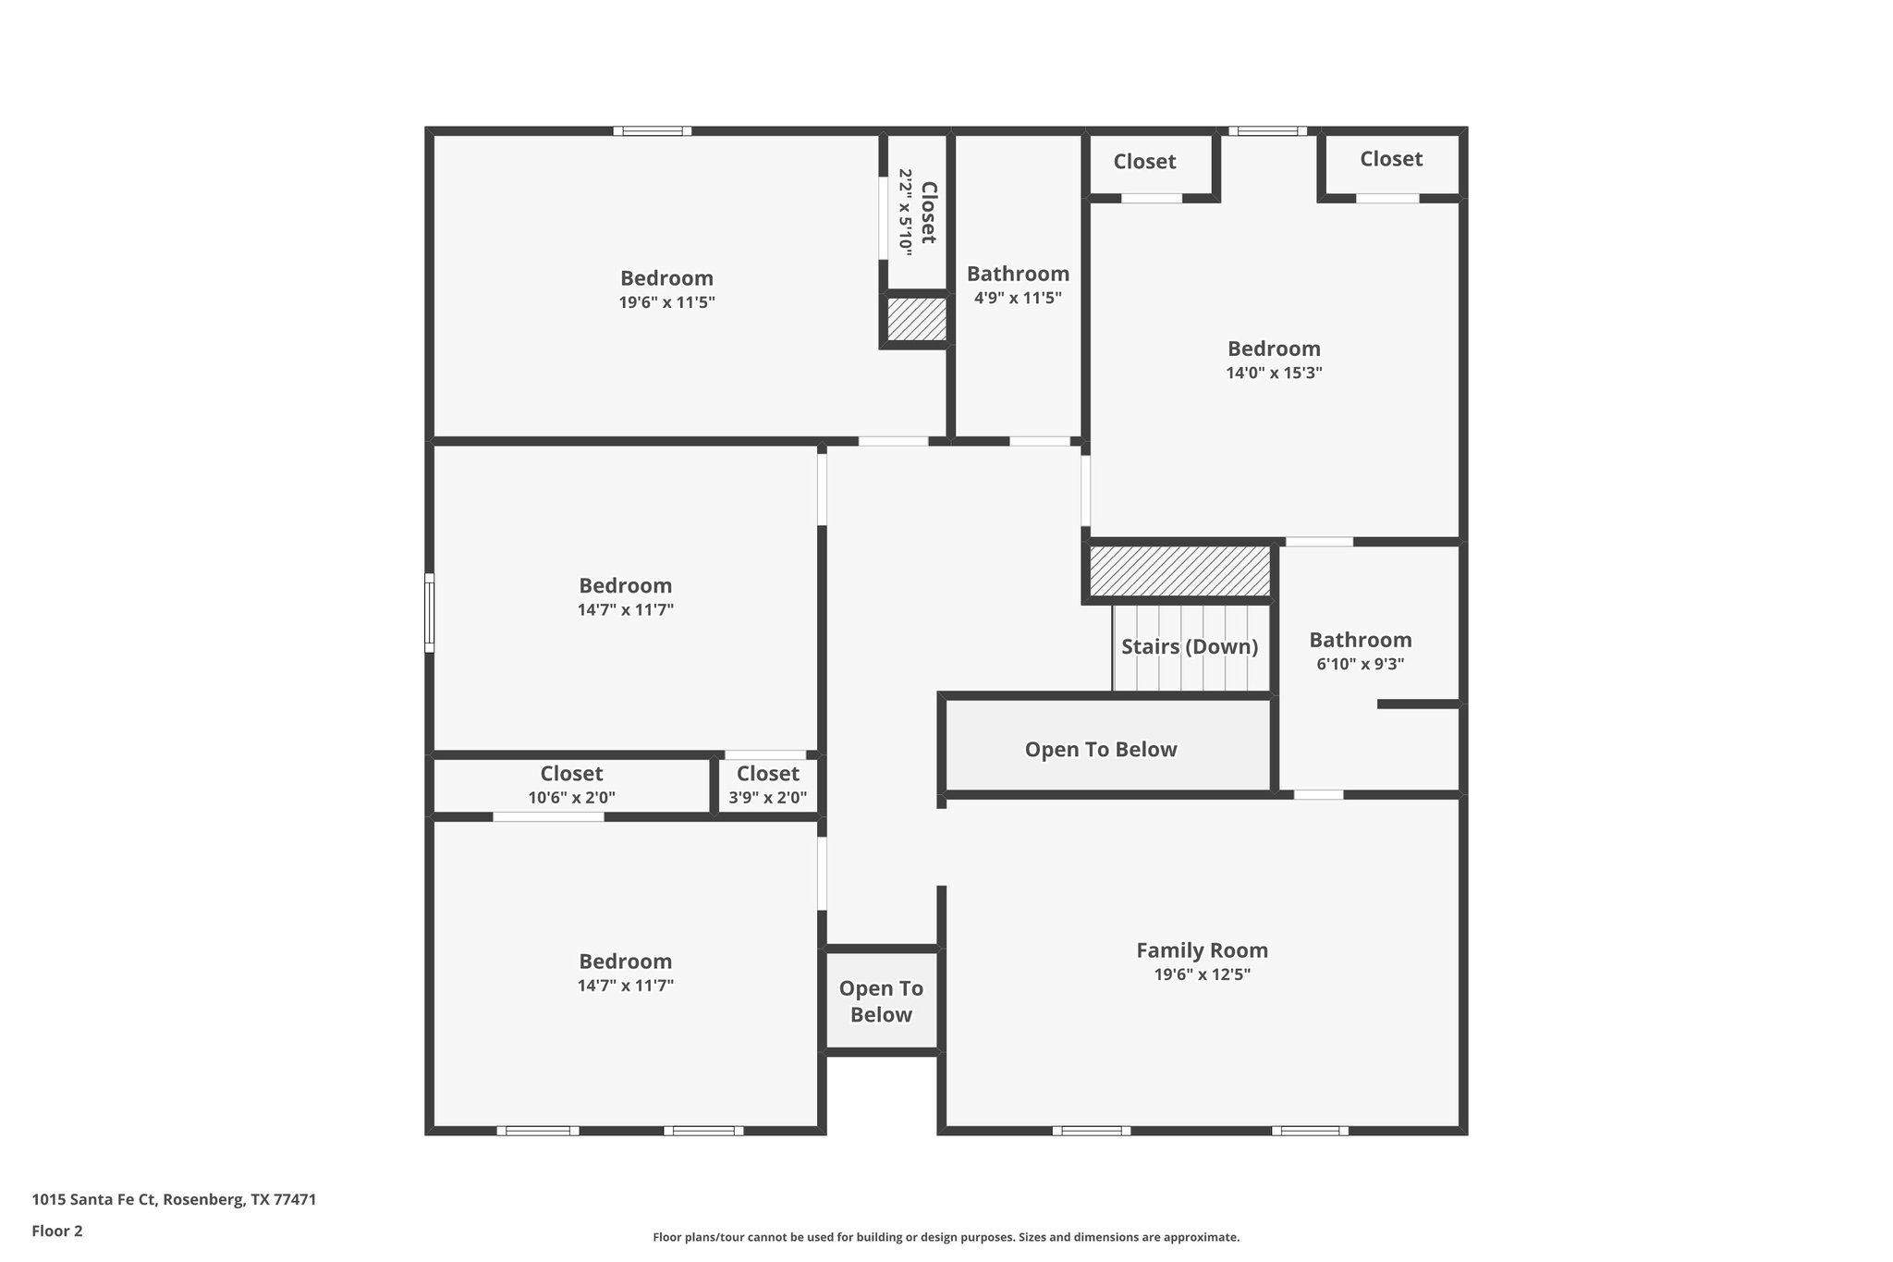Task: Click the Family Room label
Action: (1202, 950)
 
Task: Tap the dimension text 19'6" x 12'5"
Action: (1202, 974)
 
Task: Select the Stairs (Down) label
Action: (1190, 646)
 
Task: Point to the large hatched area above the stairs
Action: (1179, 571)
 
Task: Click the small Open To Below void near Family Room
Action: (881, 1001)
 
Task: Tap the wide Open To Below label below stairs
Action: (1100, 749)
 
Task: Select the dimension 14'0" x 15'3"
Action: (1274, 374)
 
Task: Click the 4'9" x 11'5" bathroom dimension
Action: (1018, 298)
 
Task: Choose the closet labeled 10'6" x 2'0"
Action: (571, 797)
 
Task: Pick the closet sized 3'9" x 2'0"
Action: (767, 797)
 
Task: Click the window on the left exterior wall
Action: (429, 612)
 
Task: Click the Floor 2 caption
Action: (57, 1231)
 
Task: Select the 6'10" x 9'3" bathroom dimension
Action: (1360, 664)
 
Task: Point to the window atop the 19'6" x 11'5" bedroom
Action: (652, 131)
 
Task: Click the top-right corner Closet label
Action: (1390, 159)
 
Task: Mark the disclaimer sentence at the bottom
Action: (946, 1237)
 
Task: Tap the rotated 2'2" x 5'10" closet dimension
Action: (905, 213)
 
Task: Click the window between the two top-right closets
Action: (1266, 131)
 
